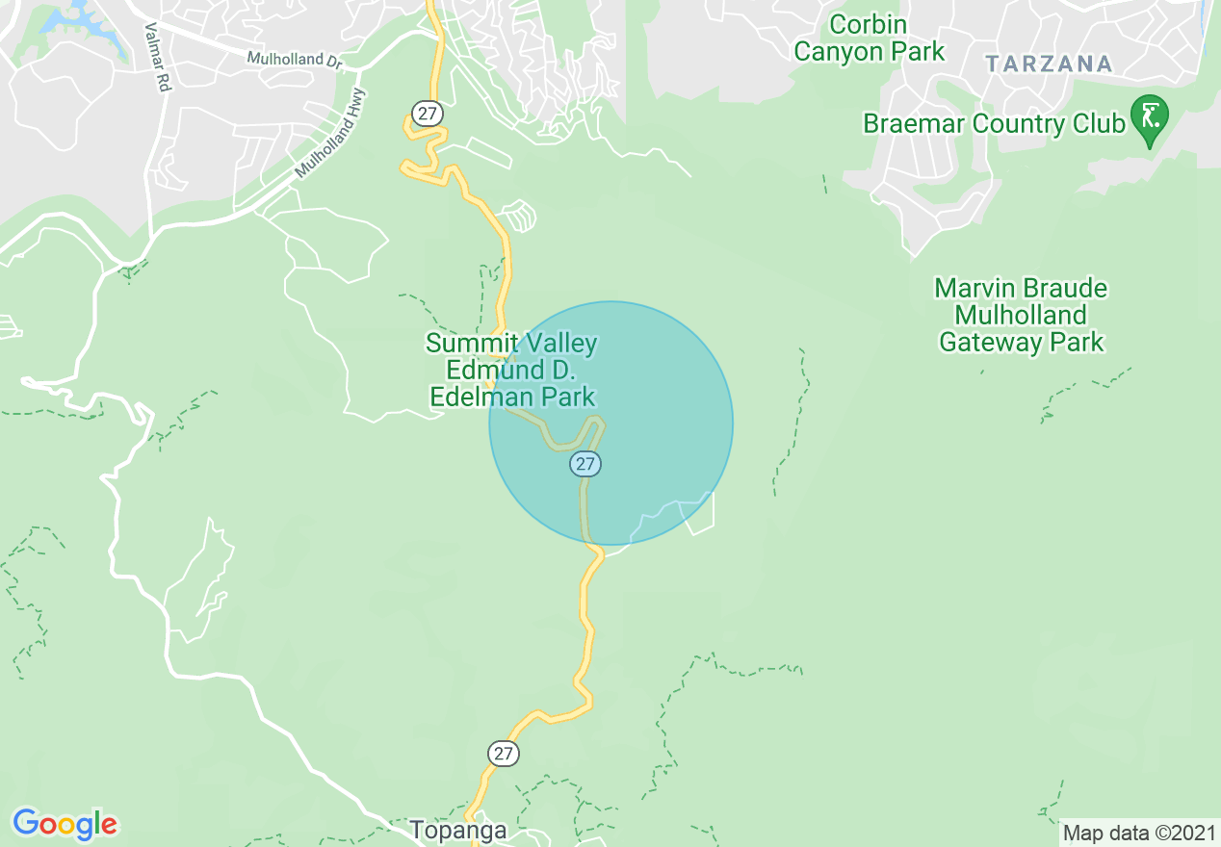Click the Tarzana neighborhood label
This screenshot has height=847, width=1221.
pyautogui.click(x=1049, y=64)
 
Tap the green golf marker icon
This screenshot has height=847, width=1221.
pyautogui.click(x=1149, y=116)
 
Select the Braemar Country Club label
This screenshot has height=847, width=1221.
pyautogui.click(x=994, y=124)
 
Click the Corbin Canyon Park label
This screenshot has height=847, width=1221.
pyautogui.click(x=869, y=38)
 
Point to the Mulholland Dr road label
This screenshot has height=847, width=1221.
pyautogui.click(x=294, y=60)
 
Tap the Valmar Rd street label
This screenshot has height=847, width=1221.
pyautogui.click(x=157, y=58)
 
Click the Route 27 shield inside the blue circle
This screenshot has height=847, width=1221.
pyautogui.click(x=585, y=464)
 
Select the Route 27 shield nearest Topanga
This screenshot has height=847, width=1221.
pyautogui.click(x=503, y=753)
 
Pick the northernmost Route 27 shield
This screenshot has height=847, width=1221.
pyautogui.click(x=427, y=114)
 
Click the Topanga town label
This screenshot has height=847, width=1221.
pyautogui.click(x=457, y=830)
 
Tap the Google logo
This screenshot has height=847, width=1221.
pyautogui.click(x=65, y=824)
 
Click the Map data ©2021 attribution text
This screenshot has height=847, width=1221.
pyautogui.click(x=1139, y=833)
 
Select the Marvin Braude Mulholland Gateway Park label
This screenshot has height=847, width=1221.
pyautogui.click(x=1021, y=315)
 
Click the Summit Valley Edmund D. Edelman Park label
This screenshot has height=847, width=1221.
pyautogui.click(x=511, y=370)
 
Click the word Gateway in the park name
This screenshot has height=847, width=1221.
pyautogui.click(x=1021, y=342)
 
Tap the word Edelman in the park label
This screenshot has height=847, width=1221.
pyautogui.click(x=512, y=397)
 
